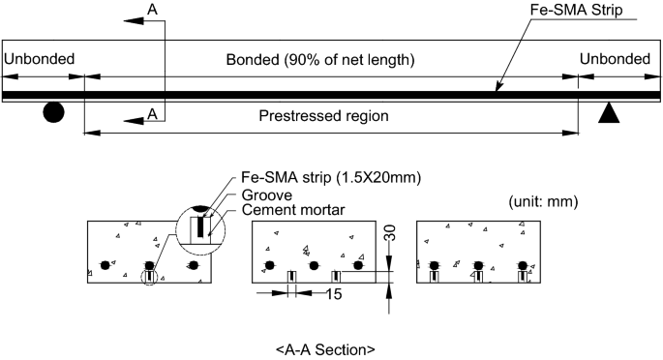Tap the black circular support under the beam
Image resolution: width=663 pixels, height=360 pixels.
coord(54,113)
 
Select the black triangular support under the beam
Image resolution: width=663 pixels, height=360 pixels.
coord(608,113)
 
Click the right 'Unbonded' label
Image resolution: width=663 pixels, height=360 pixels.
coord(616,60)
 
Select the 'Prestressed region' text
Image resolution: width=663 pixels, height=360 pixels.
coord(323,115)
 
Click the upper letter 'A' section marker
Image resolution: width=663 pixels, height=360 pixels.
coord(152,10)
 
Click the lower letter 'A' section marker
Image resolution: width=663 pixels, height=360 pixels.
coord(152,114)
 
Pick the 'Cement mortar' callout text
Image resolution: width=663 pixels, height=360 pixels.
coord(289,208)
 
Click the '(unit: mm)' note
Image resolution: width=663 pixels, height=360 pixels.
coord(546,202)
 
